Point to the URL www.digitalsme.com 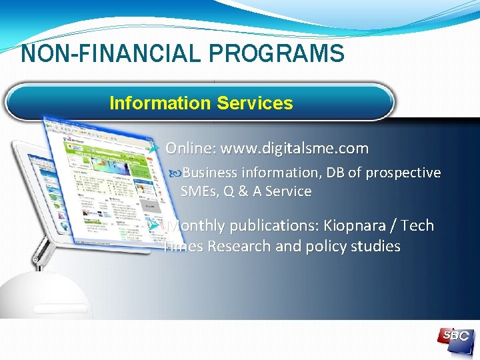[294, 148]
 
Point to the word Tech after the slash [418, 226]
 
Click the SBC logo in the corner [455, 337]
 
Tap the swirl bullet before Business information [175, 173]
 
